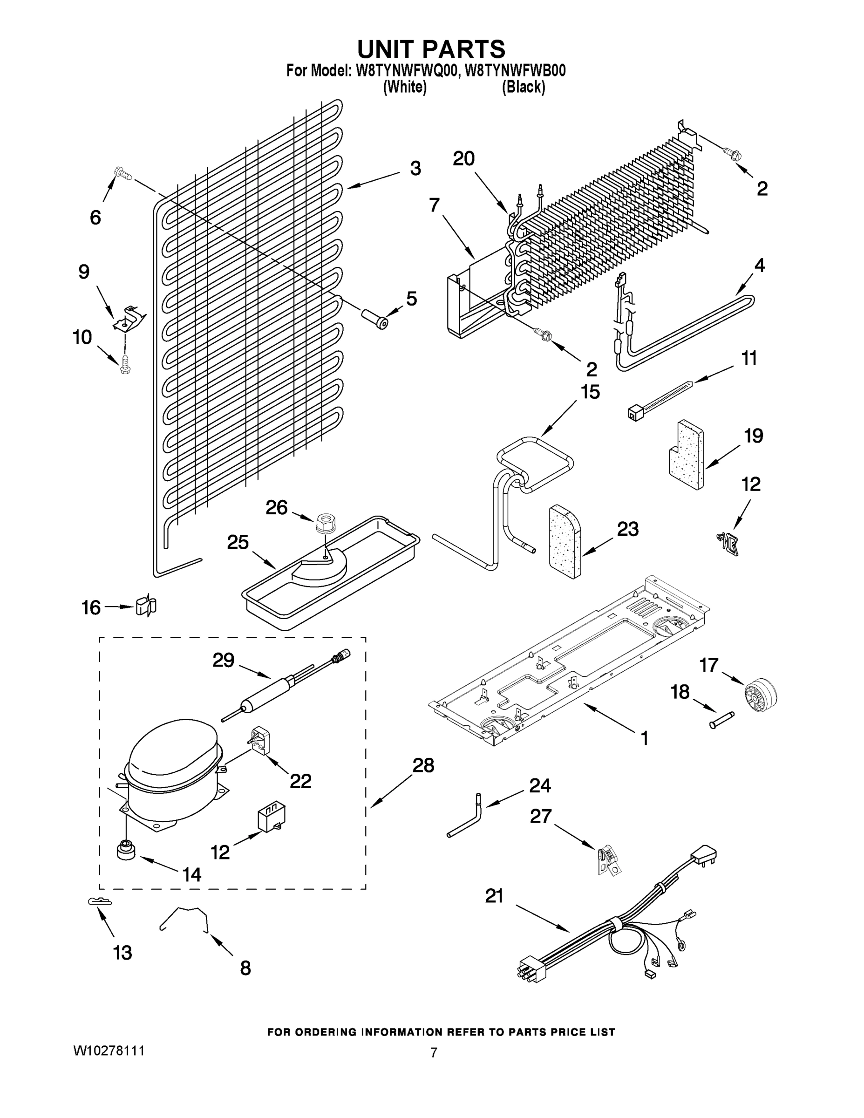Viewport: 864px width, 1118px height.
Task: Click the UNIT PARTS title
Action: click(x=431, y=50)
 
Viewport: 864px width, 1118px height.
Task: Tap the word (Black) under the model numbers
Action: click(x=523, y=88)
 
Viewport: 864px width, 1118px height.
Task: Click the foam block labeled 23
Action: click(x=565, y=542)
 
